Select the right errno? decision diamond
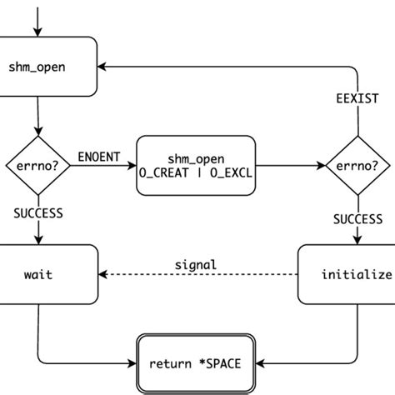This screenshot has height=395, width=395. (x=357, y=165)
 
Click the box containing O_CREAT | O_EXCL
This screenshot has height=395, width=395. (x=197, y=165)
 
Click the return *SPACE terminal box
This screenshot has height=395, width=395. (x=197, y=362)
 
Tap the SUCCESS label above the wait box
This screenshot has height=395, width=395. (x=37, y=213)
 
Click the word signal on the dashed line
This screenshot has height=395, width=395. (x=196, y=264)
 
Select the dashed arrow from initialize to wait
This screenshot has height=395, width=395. (x=200, y=274)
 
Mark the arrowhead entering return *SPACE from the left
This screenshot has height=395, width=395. (x=134, y=363)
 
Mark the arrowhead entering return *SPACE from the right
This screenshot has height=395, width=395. (x=262, y=363)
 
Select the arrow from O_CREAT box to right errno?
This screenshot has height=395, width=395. (x=292, y=165)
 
